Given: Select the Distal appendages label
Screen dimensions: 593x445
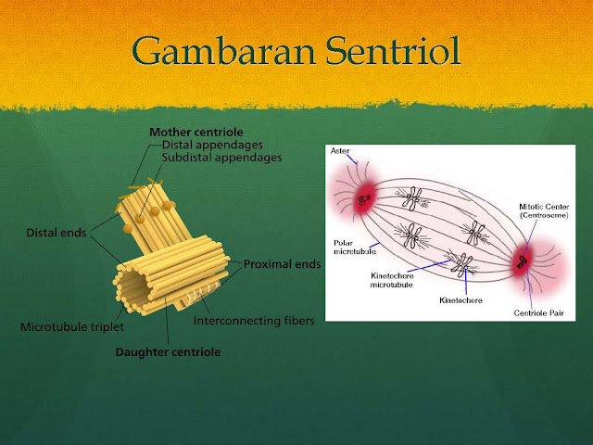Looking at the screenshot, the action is click(210, 145).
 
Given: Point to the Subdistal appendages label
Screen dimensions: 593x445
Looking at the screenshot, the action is click(221, 158).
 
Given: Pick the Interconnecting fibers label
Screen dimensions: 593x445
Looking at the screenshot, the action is click(254, 322).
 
